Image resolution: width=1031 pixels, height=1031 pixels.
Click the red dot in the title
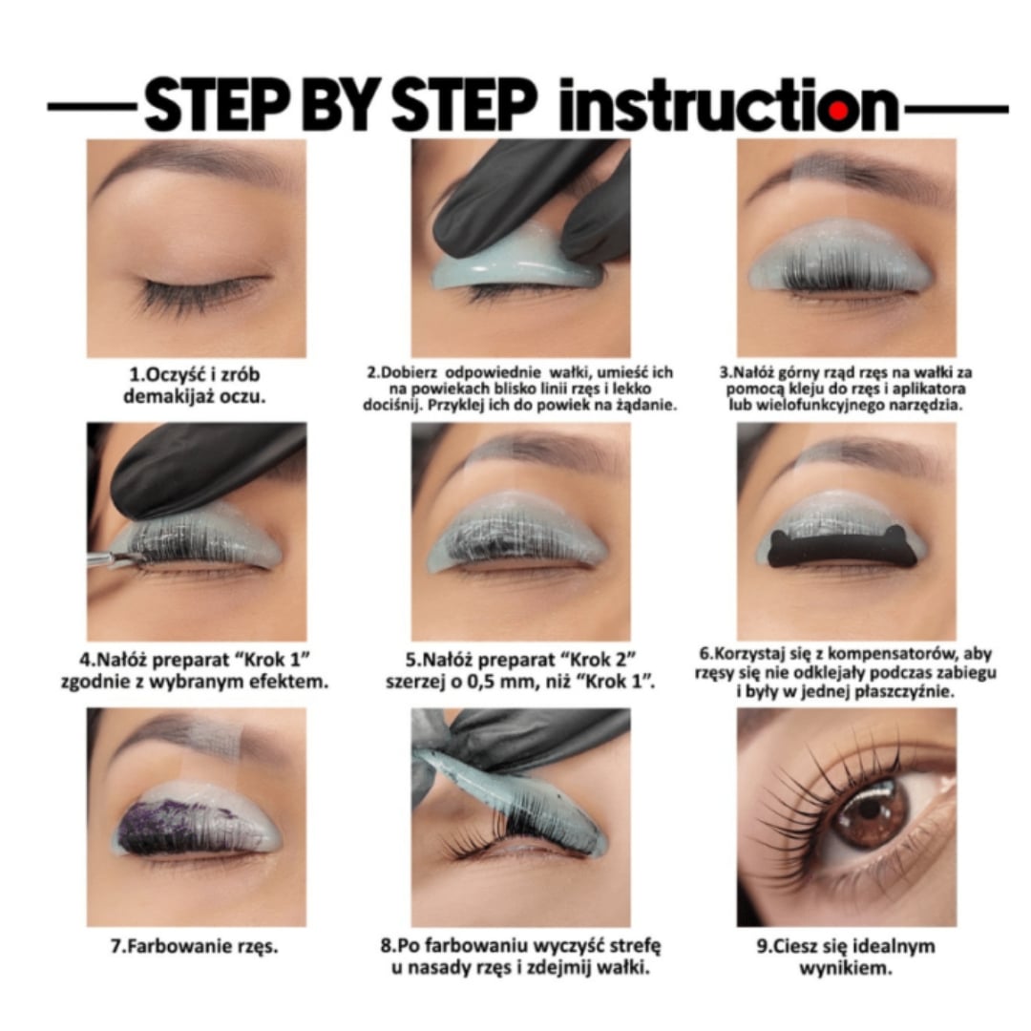(x=838, y=111)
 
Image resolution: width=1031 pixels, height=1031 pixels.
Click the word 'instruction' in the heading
(x=728, y=104)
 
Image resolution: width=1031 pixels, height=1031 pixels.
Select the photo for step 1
(x=197, y=248)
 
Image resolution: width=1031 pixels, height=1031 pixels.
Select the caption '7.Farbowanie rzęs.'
(x=195, y=946)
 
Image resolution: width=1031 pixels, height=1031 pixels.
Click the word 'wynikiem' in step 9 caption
(x=846, y=968)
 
